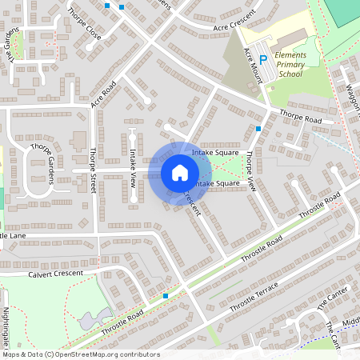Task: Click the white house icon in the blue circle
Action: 179,172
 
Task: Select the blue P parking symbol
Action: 263,59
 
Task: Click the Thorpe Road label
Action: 300,117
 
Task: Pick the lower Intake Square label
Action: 217,184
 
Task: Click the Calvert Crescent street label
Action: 56,274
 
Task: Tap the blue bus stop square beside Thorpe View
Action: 258,128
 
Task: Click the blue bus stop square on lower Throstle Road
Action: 166,296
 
